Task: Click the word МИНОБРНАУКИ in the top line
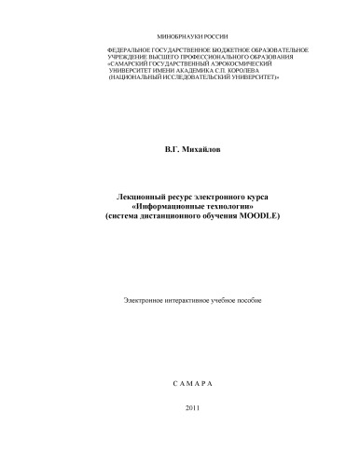click(165, 33)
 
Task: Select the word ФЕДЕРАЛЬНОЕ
click(132, 48)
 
